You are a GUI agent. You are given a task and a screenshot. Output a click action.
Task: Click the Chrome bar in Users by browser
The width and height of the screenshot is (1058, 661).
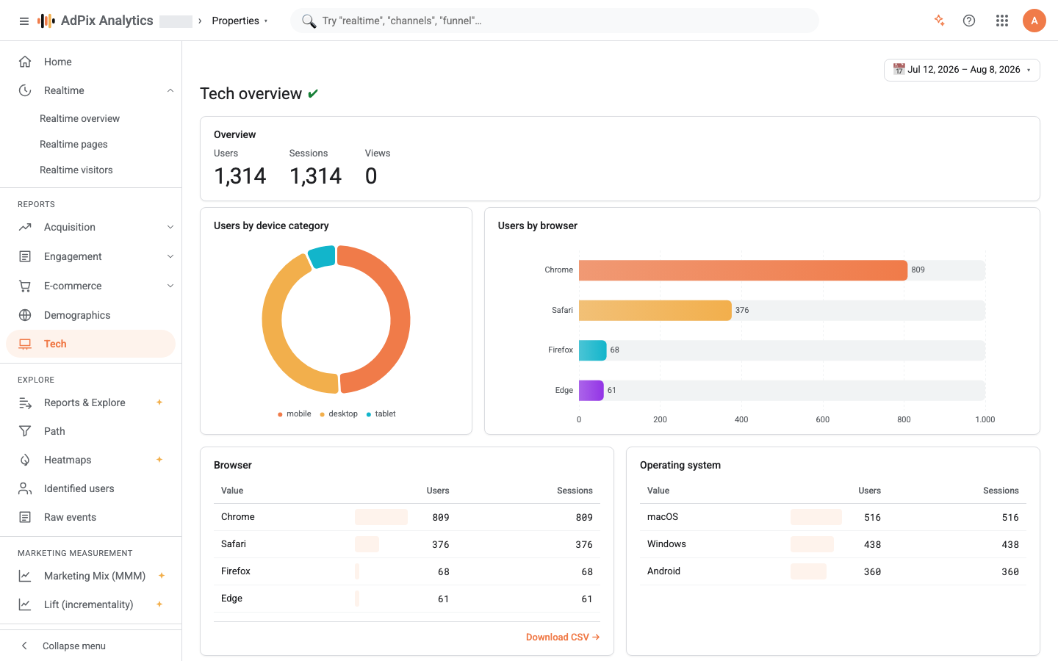pos(743,270)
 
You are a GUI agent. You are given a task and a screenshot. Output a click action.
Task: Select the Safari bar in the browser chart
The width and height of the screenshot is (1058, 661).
pos(655,310)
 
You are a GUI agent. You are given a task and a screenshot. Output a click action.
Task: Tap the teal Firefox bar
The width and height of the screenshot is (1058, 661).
pos(593,350)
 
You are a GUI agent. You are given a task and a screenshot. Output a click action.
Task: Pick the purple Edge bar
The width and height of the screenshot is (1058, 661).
pos(591,391)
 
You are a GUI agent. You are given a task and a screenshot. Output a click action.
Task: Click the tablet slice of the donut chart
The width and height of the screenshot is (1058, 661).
pos(322,256)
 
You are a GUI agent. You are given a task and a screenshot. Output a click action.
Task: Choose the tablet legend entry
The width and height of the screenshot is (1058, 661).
pos(381,413)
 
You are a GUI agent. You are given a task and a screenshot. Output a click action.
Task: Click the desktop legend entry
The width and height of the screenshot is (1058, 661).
pos(339,413)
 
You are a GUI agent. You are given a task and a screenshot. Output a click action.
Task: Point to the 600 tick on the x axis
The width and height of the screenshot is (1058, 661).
pos(822,419)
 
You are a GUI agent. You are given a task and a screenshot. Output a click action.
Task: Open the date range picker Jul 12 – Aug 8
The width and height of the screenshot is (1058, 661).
pos(962,70)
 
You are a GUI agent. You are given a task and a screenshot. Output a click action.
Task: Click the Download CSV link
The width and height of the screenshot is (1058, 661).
pos(563,637)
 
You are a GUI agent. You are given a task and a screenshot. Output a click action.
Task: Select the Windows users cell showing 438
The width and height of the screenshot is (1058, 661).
pos(872,544)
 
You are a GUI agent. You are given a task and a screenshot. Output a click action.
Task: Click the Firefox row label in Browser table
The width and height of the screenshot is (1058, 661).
pos(236,571)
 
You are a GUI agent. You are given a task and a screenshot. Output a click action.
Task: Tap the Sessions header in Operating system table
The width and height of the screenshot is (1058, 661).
pos(1001,491)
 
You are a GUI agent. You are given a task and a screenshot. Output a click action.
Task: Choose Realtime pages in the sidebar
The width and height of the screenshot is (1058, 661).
pos(73,144)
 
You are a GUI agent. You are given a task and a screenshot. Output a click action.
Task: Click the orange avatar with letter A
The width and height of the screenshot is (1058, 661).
pos(1034,21)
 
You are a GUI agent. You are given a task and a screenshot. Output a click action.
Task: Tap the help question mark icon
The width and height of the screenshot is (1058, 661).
pos(968,21)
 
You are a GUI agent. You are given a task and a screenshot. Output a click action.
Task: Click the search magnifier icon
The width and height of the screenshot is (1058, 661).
pos(309,21)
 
